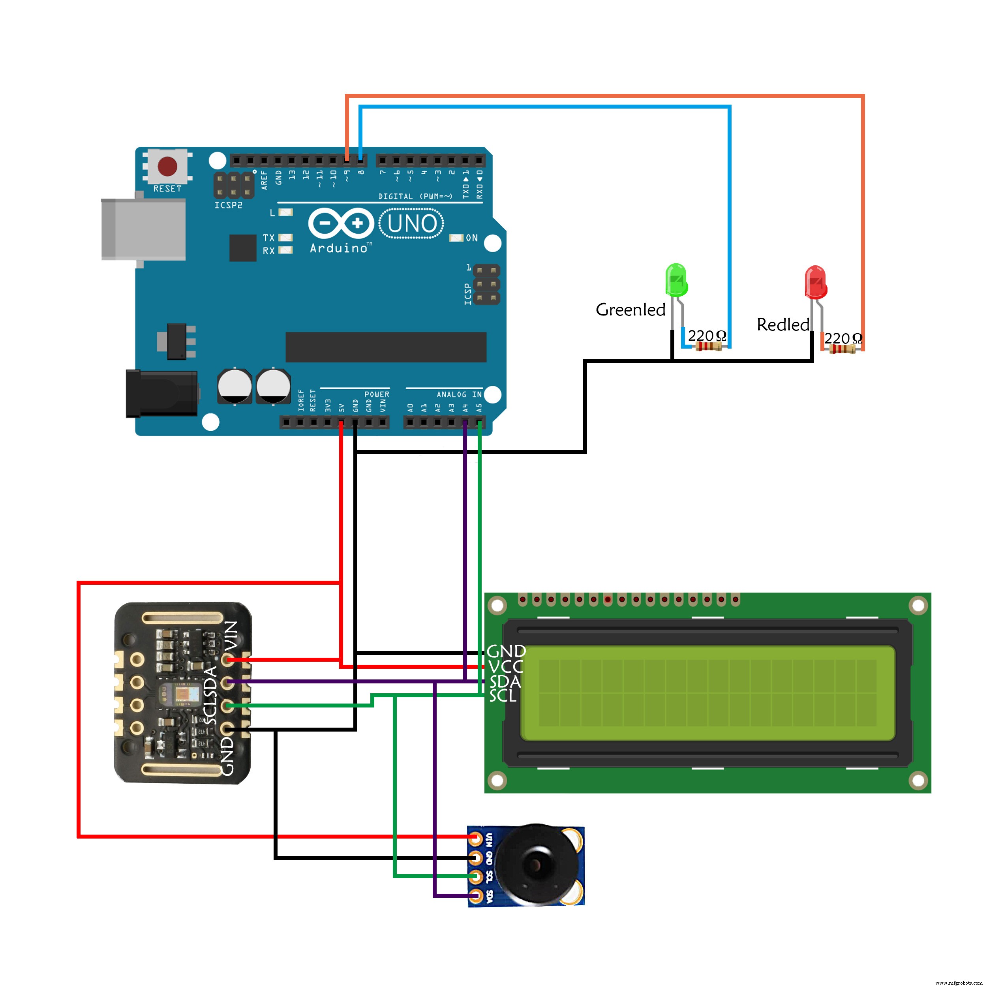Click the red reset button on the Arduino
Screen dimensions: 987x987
[x=167, y=166]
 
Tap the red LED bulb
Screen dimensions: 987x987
[x=815, y=282]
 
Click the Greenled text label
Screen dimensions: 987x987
[x=630, y=310]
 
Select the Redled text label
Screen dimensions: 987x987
[x=782, y=325]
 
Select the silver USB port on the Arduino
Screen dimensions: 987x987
[x=143, y=230]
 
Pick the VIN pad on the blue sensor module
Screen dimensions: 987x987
[x=476, y=838]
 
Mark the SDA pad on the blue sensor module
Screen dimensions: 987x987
[x=476, y=895]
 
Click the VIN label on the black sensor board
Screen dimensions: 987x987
[x=231, y=636]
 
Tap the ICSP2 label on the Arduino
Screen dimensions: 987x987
[x=228, y=205]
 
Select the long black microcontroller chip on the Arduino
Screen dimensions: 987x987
[x=386, y=347]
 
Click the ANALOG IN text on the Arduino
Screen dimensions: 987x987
[x=459, y=394]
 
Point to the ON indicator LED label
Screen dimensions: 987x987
[x=471, y=238]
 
